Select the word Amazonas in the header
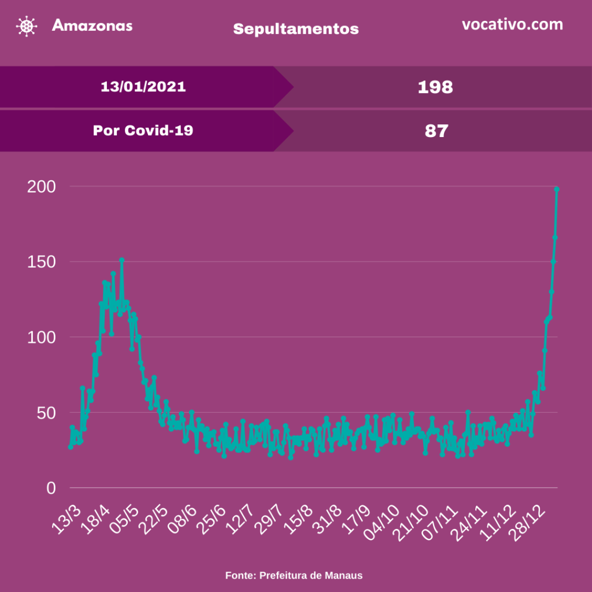(92, 25)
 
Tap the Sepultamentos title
(295, 28)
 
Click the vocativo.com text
(512, 25)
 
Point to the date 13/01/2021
(143, 87)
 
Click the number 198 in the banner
(435, 87)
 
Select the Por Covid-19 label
(143, 131)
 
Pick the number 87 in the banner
(436, 131)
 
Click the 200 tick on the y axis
(41, 187)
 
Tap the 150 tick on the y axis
(41, 262)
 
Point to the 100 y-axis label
(41, 337)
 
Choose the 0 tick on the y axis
(50, 489)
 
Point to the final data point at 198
(557, 189)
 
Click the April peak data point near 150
(121, 260)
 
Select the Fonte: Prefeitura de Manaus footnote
(294, 575)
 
